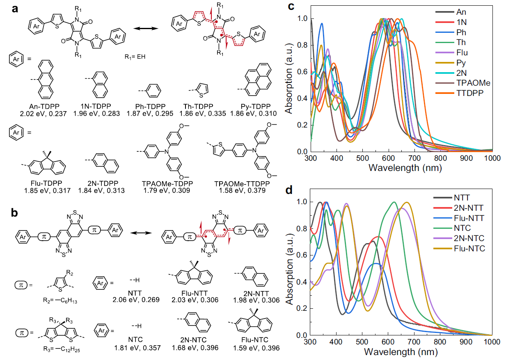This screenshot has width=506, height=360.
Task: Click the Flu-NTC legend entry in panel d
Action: coord(469,248)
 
